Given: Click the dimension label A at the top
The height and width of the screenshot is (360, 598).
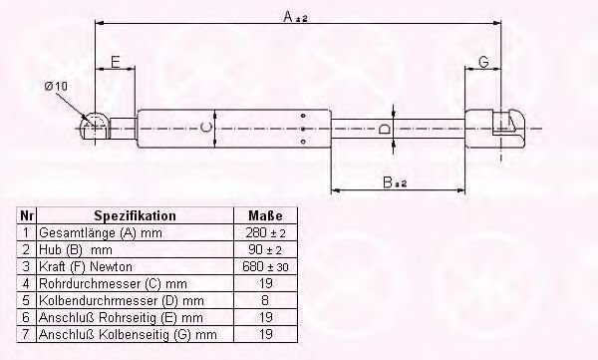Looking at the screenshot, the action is coord(289,16).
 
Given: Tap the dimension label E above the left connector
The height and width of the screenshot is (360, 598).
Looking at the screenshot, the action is coord(116,62).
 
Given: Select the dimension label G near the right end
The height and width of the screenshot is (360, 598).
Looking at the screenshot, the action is coord(483,62).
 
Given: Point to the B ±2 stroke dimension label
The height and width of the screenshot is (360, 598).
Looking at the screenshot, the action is coord(395,182).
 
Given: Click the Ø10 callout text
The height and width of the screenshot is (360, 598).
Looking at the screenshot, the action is coord(56,87).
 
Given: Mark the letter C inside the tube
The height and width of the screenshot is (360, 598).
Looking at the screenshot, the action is coord(205,127).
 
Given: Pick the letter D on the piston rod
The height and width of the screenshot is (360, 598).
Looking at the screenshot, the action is coord(384,129).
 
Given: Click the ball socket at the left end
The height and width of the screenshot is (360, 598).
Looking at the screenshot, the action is coord(95,126).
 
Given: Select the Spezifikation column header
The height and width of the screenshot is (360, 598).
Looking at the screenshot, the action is coord(135,215).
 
